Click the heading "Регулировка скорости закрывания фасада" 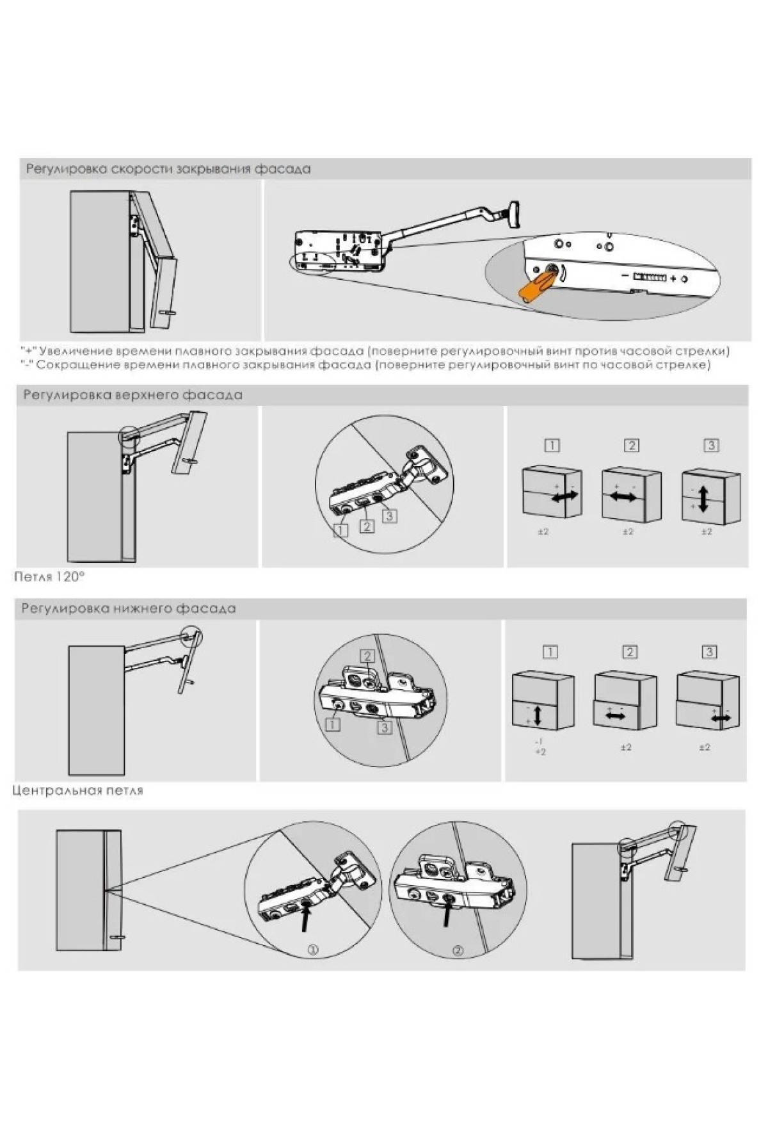(x=168, y=170)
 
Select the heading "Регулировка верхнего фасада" (x=133, y=395)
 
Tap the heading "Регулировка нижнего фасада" (x=129, y=608)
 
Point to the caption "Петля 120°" (x=49, y=577)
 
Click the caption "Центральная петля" (x=78, y=791)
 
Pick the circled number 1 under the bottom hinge (x=313, y=951)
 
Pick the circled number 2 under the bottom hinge (x=458, y=951)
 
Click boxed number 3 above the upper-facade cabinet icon (x=710, y=446)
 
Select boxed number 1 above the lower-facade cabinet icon (x=550, y=652)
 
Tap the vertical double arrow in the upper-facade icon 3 (x=703, y=499)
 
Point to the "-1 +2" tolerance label (x=540, y=747)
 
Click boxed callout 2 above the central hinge (x=367, y=656)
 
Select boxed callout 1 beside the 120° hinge (x=340, y=530)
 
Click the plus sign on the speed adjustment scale (x=673, y=279)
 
